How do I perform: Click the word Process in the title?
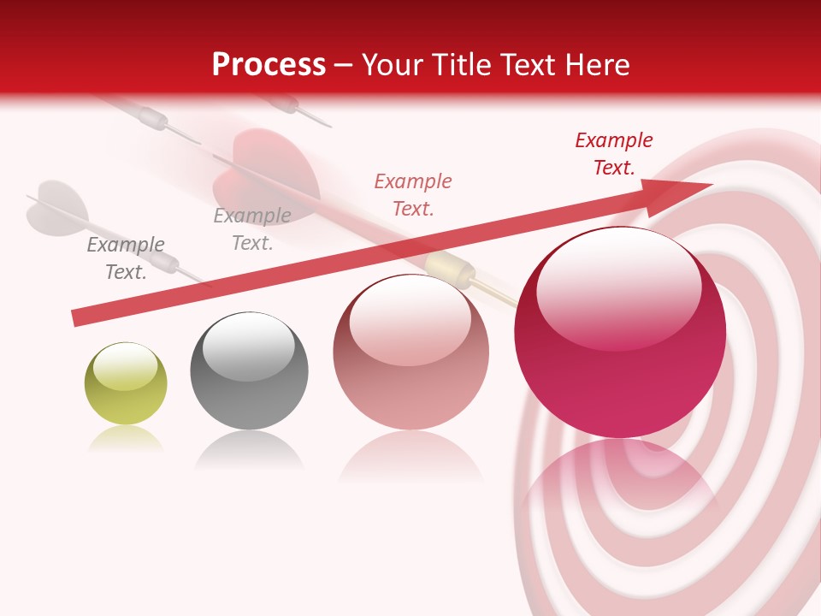pos(269,64)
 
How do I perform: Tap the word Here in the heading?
pos(596,64)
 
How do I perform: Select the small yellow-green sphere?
pos(126,383)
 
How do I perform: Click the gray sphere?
pos(249,370)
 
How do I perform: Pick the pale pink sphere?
pos(410,352)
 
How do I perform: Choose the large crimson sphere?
pos(620,333)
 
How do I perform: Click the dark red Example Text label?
pos(614,154)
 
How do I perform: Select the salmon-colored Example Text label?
pos(413,194)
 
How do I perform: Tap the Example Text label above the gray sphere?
pos(252,229)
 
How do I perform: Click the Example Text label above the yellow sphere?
pos(126,258)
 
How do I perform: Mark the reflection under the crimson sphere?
pos(619,488)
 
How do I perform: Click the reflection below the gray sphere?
pos(249,448)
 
